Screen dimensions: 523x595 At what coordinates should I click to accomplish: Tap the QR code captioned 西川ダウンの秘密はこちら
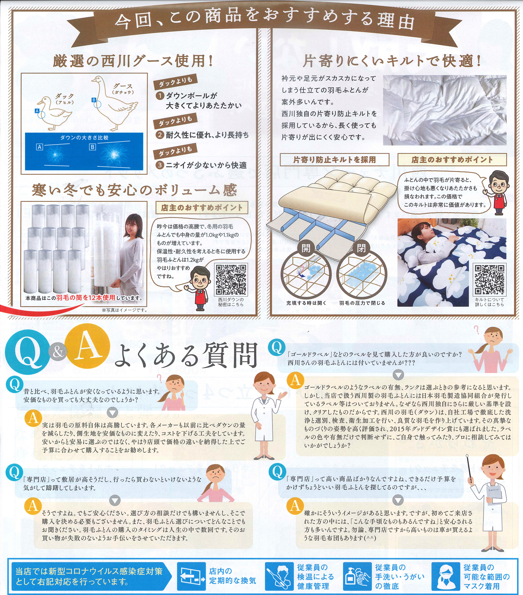tap(231, 279)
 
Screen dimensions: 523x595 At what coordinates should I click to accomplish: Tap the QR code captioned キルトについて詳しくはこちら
tap(489, 279)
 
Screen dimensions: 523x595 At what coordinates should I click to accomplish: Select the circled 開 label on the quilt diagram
tap(306, 248)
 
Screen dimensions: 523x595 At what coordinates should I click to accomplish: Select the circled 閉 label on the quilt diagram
tap(361, 248)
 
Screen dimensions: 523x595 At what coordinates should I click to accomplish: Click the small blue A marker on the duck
tap(37, 111)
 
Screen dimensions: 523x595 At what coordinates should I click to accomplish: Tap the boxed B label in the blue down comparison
tap(92, 147)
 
